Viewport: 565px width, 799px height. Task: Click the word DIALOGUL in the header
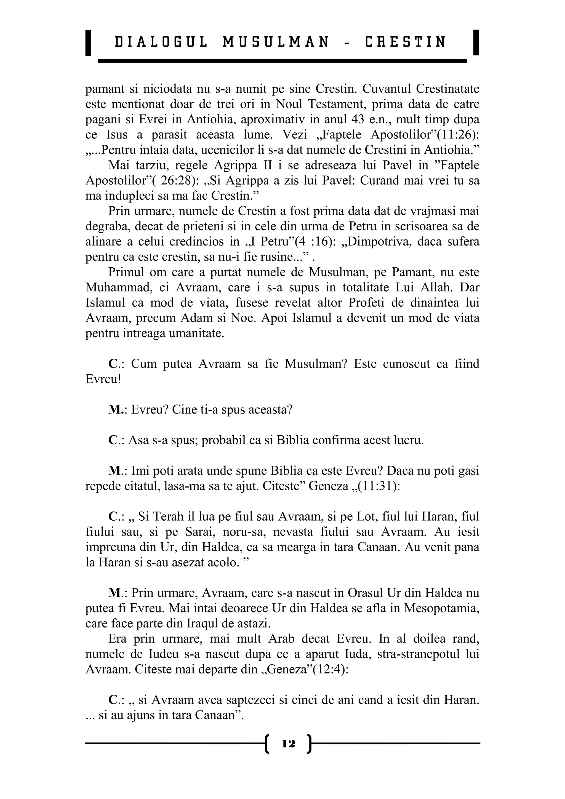point(161,42)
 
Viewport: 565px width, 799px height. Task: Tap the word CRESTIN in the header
point(405,42)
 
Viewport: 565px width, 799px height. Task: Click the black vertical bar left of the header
point(88,43)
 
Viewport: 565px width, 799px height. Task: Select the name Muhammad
point(117,287)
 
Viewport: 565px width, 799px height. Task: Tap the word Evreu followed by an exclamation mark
point(103,379)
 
